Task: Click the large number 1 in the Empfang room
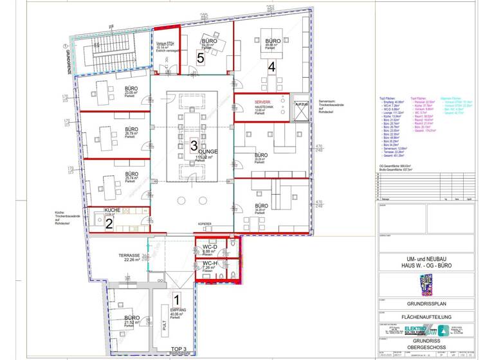click(x=177, y=299)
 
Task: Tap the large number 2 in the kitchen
click(x=109, y=224)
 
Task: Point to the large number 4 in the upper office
click(x=272, y=66)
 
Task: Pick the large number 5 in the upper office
click(x=201, y=58)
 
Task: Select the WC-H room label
click(x=209, y=263)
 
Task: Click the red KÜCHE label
click(x=113, y=210)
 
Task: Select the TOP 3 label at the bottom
click(x=178, y=349)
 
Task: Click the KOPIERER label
click(x=205, y=224)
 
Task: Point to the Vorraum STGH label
click(x=165, y=44)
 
